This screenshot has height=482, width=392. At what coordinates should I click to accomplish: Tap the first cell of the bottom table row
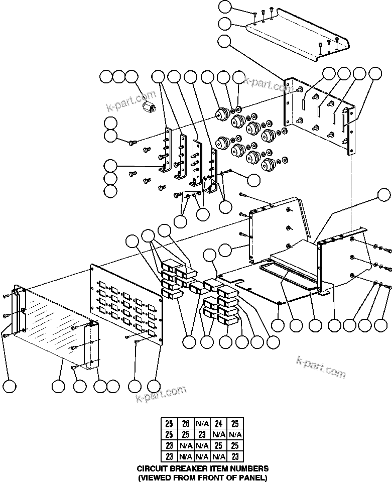click(169, 457)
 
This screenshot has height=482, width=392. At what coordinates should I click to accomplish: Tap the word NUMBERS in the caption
click(248, 468)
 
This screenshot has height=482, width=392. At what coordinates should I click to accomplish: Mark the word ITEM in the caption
click(217, 468)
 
